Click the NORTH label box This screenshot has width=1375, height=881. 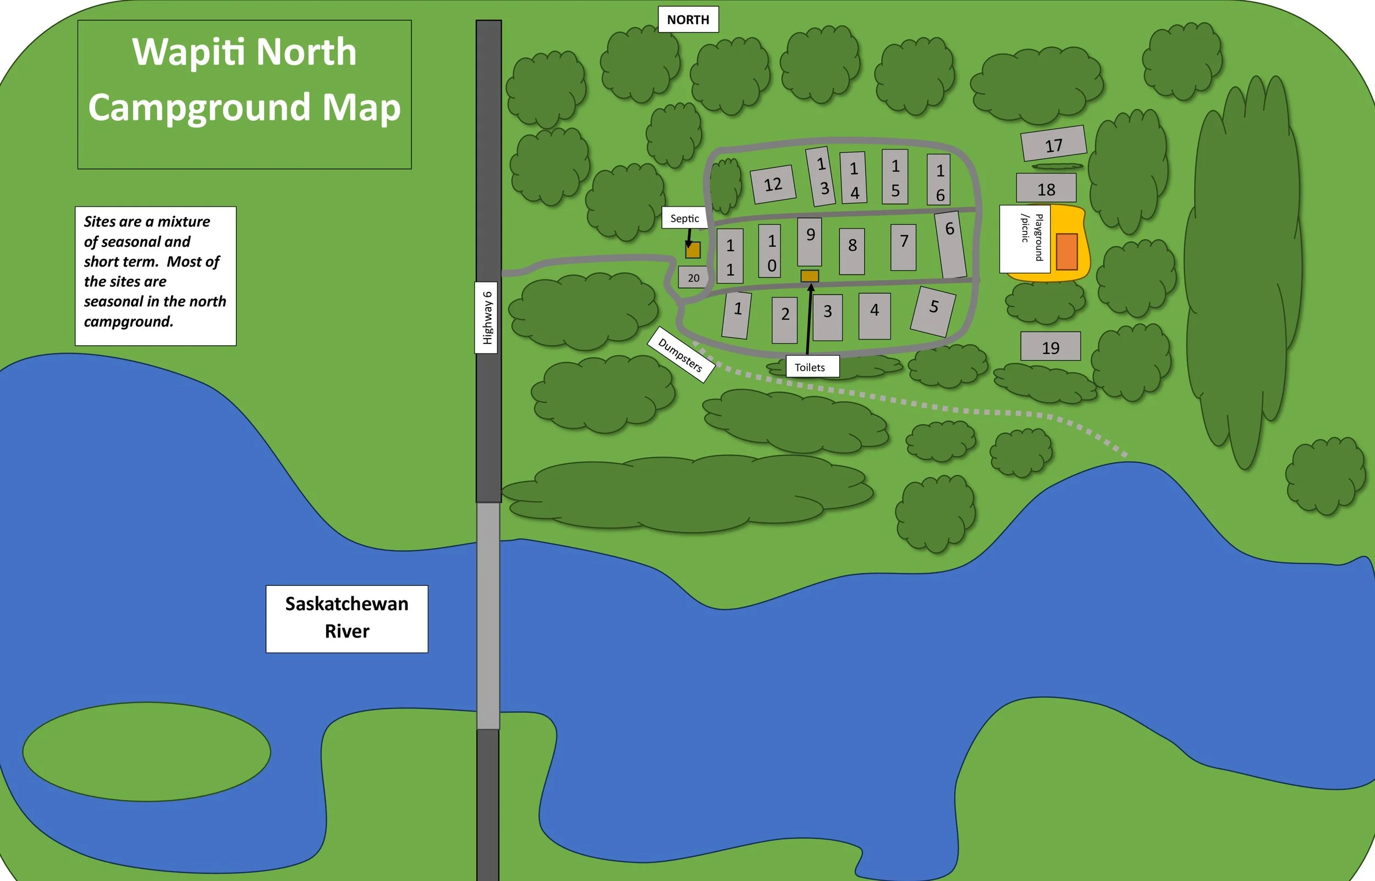click(688, 19)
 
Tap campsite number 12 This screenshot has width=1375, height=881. click(773, 184)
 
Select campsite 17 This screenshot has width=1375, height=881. click(1053, 143)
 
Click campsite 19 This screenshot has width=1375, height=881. click(1050, 347)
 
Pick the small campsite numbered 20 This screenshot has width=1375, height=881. click(693, 278)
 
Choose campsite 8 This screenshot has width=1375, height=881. click(852, 251)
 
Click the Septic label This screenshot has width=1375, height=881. click(685, 218)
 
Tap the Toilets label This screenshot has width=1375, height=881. click(810, 367)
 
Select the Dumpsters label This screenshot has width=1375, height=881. click(681, 354)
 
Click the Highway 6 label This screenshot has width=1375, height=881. click(487, 318)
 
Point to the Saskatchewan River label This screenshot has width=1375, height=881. click(347, 618)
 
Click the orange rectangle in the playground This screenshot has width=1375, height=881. click(1066, 251)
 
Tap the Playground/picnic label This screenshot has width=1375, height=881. click(1025, 239)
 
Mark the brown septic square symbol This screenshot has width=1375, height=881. click(692, 250)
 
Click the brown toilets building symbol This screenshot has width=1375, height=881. click(810, 276)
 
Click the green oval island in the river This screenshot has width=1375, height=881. click(146, 752)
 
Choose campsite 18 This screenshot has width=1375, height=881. click(1046, 188)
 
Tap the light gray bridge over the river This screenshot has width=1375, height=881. click(488, 616)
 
